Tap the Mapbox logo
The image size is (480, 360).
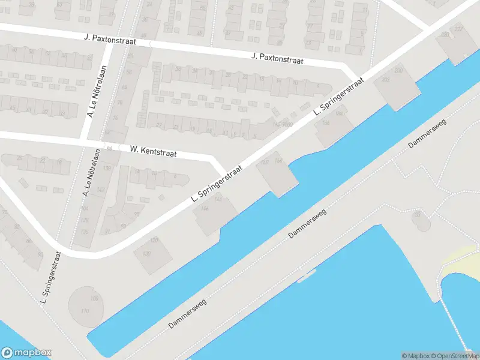click(26, 353)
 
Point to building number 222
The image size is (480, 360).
click(458, 29)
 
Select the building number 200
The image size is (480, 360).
click(398, 71)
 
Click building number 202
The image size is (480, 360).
click(385, 80)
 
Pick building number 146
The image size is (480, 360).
click(205, 208)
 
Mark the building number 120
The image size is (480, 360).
click(154, 241)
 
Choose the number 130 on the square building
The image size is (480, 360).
click(146, 254)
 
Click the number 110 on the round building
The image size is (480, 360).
click(85, 310)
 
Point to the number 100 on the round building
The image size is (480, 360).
click(93, 299)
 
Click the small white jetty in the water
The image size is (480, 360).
click(306, 277)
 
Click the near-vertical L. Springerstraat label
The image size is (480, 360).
click(52, 277)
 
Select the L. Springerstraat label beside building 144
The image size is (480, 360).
click(217, 184)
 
